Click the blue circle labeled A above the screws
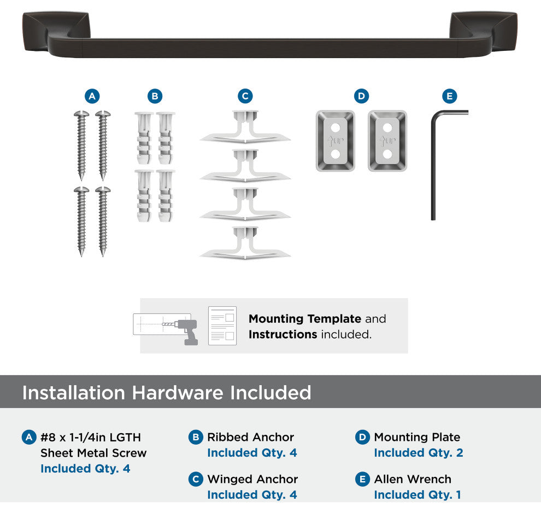[92, 96]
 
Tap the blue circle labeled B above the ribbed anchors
[155, 96]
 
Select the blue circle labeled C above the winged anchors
[245, 96]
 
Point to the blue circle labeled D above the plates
[362, 96]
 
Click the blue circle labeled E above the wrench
[450, 96]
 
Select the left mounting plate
[336, 141]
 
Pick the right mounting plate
[387, 141]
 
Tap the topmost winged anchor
[245, 127]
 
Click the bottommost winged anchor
[245, 243]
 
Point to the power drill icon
[187, 332]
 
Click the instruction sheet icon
[222, 325]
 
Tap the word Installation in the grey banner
[73, 393]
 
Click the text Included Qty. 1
[417, 495]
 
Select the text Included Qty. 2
[419, 453]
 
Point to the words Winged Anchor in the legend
[252, 479]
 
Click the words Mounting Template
[305, 319]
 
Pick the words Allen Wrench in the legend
[413, 479]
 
